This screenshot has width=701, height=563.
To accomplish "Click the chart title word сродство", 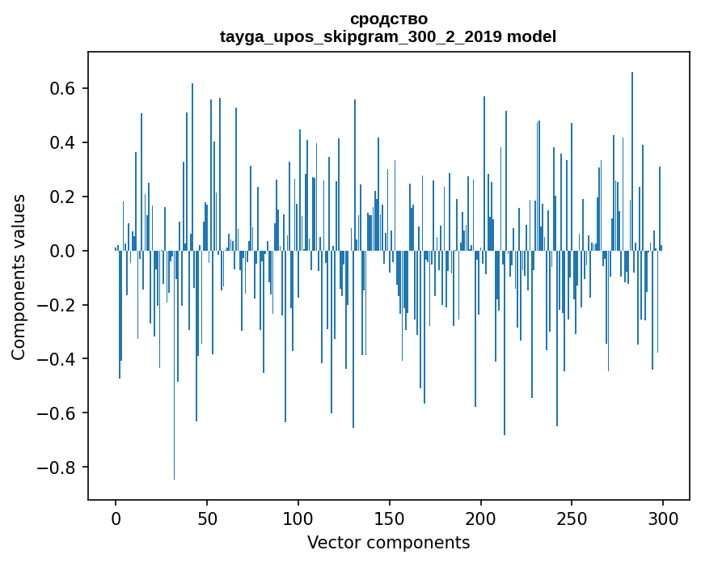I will [x=388, y=19].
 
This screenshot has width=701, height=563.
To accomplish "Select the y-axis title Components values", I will [x=19, y=277].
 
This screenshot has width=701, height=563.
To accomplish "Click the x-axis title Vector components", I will [x=388, y=542].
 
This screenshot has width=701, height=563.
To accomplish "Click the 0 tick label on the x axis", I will [x=116, y=518].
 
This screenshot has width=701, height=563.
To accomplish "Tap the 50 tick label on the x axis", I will [x=207, y=518].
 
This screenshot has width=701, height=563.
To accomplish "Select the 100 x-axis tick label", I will [x=298, y=518].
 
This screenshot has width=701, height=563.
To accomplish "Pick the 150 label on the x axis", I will [x=390, y=518].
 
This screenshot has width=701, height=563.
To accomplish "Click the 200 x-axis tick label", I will [x=481, y=518].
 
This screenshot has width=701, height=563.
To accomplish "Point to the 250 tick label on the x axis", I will [x=572, y=518].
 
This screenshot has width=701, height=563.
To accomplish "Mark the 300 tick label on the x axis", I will [x=663, y=518].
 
